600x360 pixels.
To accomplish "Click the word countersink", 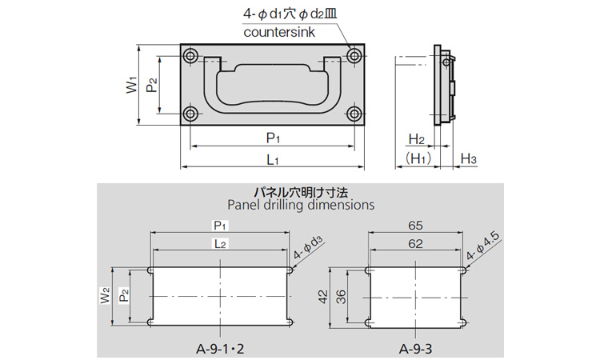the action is [279, 32].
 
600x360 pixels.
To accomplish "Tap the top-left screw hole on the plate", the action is [190, 56].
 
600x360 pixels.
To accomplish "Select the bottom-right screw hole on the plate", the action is [354, 114].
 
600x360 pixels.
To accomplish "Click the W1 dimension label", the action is [131, 85].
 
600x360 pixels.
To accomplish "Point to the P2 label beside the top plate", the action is [151, 85].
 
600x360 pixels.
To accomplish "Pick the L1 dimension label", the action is [273, 159].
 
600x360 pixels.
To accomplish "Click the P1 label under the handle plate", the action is [273, 138].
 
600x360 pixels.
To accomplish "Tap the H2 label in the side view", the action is [416, 140].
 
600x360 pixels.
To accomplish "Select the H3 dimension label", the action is [468, 158].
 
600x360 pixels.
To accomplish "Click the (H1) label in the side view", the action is [418, 158].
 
